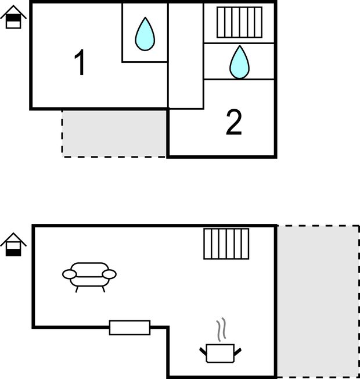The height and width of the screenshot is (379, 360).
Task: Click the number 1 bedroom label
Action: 80,63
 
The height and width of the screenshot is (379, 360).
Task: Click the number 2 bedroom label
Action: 233,123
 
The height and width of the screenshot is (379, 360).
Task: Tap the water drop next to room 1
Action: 145,34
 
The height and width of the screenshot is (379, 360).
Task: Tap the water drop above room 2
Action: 239,62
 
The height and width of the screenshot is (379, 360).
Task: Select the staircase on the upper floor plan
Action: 239,22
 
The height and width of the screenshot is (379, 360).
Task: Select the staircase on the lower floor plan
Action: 226,244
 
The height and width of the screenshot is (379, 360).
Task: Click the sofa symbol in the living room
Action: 89,275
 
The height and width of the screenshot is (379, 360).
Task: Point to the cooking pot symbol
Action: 220,353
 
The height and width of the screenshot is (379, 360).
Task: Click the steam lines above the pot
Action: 221,330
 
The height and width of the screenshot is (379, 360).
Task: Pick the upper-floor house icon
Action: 13,17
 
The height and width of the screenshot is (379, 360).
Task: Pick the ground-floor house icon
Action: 13,245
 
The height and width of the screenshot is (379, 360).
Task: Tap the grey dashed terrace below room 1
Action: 114,133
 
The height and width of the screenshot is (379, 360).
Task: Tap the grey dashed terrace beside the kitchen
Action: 317,301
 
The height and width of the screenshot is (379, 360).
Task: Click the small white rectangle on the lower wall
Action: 129,327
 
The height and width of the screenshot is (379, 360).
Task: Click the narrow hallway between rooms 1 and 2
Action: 185,56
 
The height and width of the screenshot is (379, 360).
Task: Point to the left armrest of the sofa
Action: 69,274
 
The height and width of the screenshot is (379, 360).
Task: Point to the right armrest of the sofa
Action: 109,274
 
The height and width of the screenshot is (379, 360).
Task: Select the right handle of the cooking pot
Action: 237,350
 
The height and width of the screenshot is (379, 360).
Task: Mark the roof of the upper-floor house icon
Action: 13,10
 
